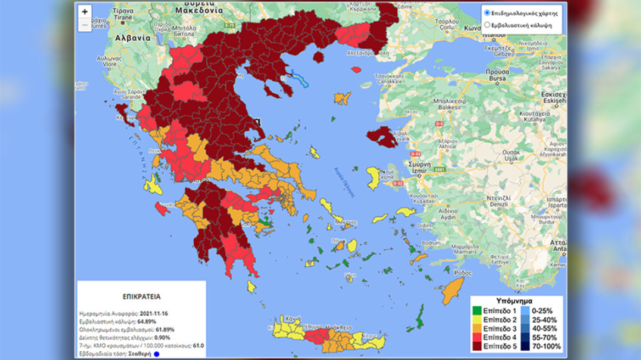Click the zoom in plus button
pyautogui.click(x=85, y=12)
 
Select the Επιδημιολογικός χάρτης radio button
pyautogui.click(x=487, y=13)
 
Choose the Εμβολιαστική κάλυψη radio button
pyautogui.click(x=487, y=24)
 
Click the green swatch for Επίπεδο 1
pyautogui.click(x=477, y=311)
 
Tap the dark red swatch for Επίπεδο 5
pyautogui.click(x=477, y=347)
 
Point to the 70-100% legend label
pyautogui.click(x=546, y=347)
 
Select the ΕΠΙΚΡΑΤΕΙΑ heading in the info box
pyautogui.click(x=142, y=296)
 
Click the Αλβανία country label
pyautogui.click(x=132, y=38)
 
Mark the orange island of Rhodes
pyautogui.click(x=453, y=289)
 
